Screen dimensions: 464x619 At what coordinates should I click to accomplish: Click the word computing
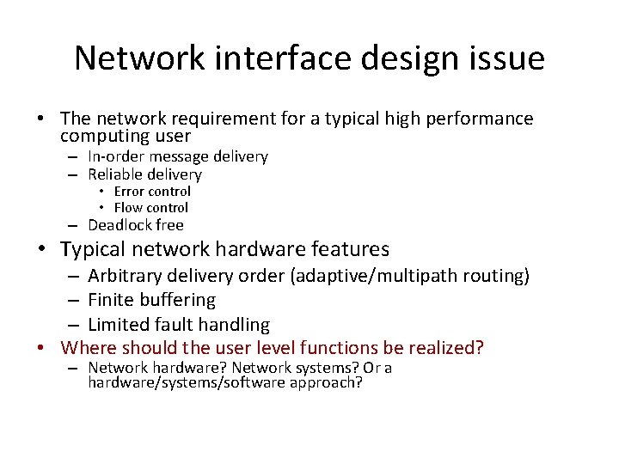coord(99,136)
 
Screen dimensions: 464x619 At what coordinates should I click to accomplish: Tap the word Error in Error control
coord(130,192)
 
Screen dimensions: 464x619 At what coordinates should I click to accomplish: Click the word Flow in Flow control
coord(129,207)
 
